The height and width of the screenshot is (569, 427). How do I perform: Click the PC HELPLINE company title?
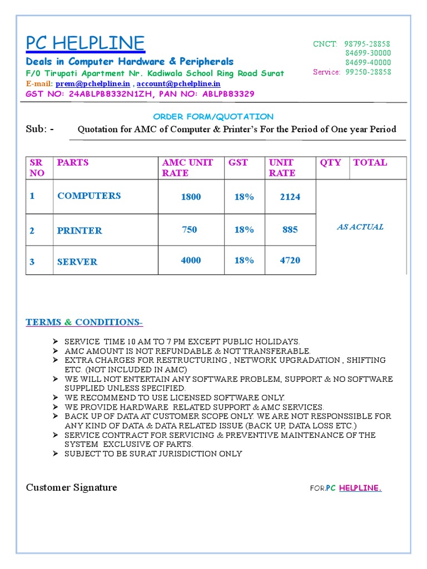85,43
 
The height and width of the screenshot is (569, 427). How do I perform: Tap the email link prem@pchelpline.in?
92,83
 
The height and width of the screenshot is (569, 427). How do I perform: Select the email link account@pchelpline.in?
178,83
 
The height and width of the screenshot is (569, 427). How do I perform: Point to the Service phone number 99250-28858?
368,72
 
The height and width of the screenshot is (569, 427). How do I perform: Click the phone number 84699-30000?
368,53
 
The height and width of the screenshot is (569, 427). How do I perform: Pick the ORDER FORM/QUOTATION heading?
213,117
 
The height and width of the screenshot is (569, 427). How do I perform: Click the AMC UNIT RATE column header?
187,167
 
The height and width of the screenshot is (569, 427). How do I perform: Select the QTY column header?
330,162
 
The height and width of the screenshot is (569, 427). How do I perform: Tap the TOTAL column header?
370,162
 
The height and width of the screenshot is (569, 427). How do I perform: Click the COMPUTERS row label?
88,196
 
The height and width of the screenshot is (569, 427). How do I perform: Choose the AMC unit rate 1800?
191,197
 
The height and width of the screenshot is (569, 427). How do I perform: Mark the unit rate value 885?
290,229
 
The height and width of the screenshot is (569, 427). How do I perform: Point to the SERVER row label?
77,262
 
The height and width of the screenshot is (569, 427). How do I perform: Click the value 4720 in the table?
290,260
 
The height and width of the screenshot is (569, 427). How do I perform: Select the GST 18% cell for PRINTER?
244,229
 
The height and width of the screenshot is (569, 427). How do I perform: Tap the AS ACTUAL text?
360,227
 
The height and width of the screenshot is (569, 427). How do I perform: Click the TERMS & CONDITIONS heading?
84,322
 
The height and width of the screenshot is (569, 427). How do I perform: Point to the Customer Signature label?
71,487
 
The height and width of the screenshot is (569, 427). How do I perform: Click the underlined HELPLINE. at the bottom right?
360,488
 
